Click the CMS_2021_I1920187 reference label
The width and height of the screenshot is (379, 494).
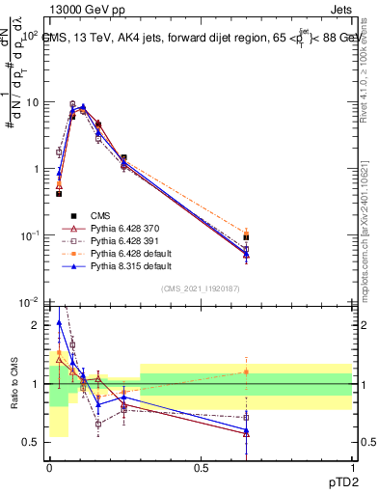click(200, 289)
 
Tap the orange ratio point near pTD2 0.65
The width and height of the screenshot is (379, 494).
click(247, 371)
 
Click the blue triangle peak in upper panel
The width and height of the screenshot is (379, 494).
click(84, 106)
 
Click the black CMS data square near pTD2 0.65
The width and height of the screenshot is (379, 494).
click(247, 237)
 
